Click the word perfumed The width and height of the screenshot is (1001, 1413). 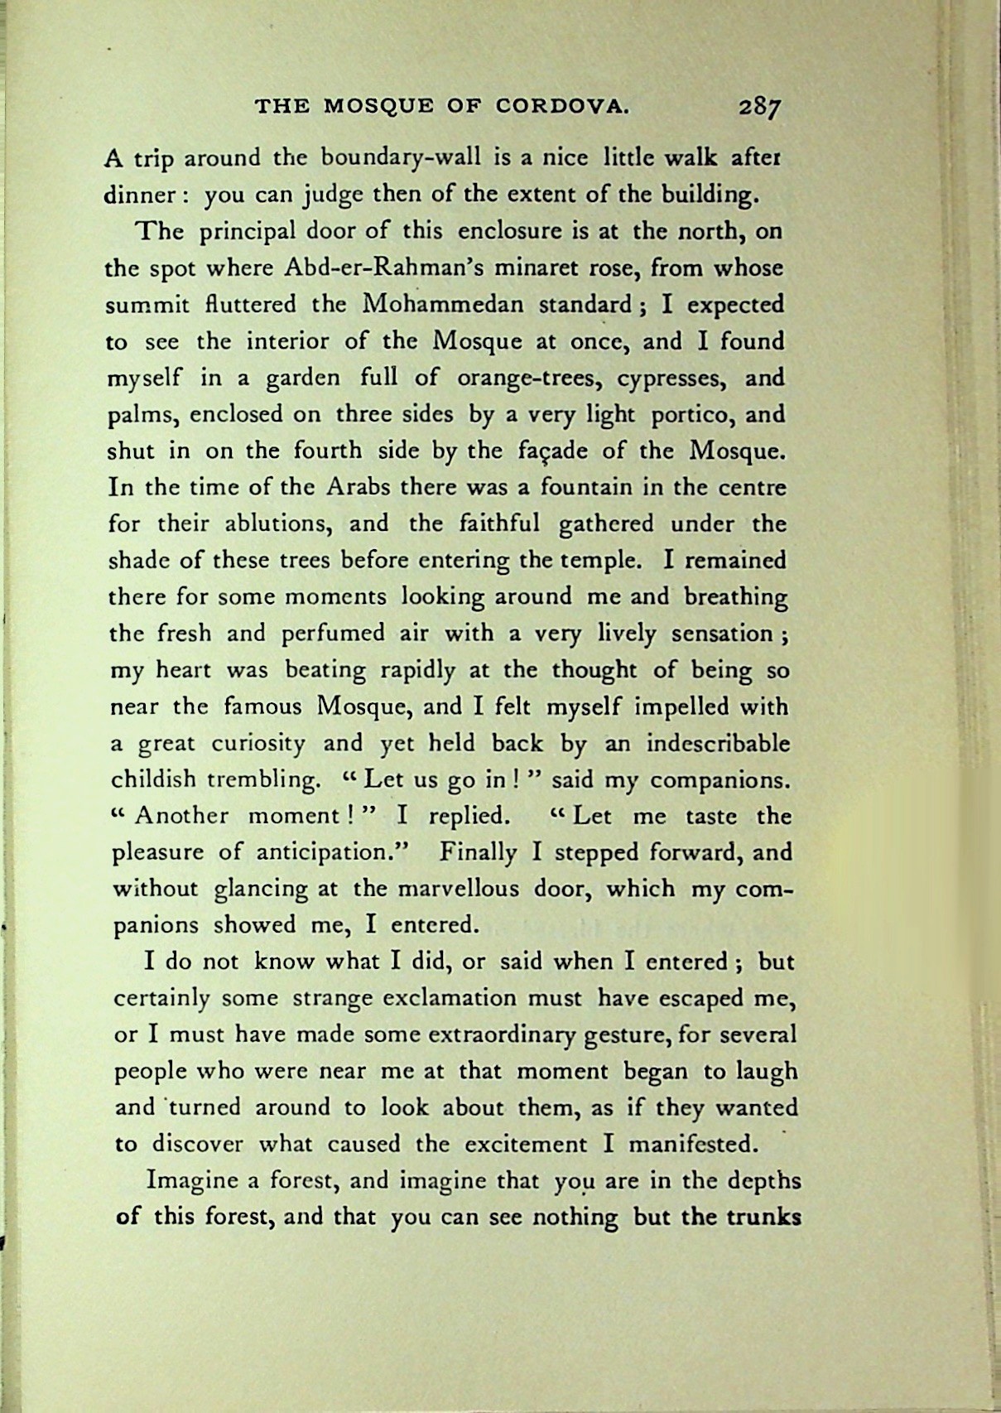tap(331, 634)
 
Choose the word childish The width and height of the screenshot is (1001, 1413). tap(153, 779)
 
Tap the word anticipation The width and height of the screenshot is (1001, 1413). tap(329, 852)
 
